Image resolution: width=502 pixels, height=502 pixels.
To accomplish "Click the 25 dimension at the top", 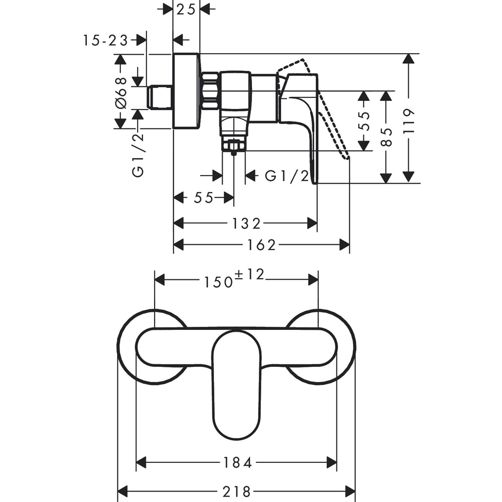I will tap(186, 10).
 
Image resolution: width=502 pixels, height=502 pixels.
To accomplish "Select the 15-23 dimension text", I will tap(106, 41).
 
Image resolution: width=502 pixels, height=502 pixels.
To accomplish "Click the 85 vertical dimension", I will tap(386, 136).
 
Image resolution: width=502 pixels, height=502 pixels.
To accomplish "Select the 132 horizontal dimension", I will tap(246, 222).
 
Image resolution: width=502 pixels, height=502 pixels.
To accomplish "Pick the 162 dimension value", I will tap(262, 244).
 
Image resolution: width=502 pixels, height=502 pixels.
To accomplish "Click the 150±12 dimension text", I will tap(233, 279).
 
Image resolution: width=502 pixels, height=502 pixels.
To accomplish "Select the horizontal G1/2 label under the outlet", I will tap(287, 176).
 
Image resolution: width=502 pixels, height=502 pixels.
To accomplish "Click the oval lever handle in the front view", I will tap(236, 387).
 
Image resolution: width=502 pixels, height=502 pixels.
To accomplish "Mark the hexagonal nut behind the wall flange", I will tap(210, 91).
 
